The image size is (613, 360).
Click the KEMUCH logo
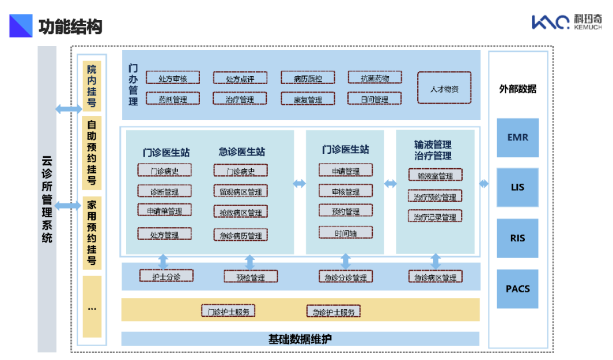click(566, 22)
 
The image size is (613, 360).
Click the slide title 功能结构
click(70, 26)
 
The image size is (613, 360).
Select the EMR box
click(517, 138)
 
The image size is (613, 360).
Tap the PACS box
click(517, 289)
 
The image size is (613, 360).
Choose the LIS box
click(517, 187)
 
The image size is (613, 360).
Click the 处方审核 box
click(172, 78)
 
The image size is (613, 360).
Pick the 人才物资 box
click(444, 88)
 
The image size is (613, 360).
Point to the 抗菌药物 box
click(374, 78)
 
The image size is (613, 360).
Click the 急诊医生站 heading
click(241, 152)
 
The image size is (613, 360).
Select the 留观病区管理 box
click(240, 192)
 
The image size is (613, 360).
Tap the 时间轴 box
click(345, 233)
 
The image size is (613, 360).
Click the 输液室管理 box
click(435, 176)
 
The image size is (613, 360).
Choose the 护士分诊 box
click(166, 276)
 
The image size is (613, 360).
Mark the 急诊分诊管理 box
click(345, 278)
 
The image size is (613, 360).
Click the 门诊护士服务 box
click(228, 312)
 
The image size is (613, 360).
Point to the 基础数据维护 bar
click(300, 339)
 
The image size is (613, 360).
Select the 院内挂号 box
click(92, 86)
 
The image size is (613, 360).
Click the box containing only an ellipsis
click(92, 306)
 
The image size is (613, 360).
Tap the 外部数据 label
click(517, 89)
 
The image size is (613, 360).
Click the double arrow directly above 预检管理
click(249, 262)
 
